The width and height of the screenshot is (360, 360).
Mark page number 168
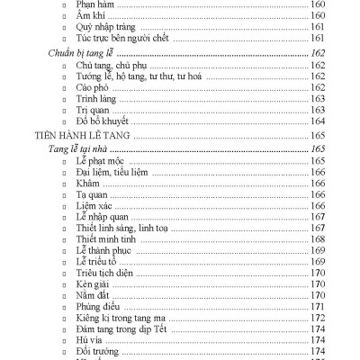(318, 239)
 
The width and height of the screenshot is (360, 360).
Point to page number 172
(318, 319)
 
